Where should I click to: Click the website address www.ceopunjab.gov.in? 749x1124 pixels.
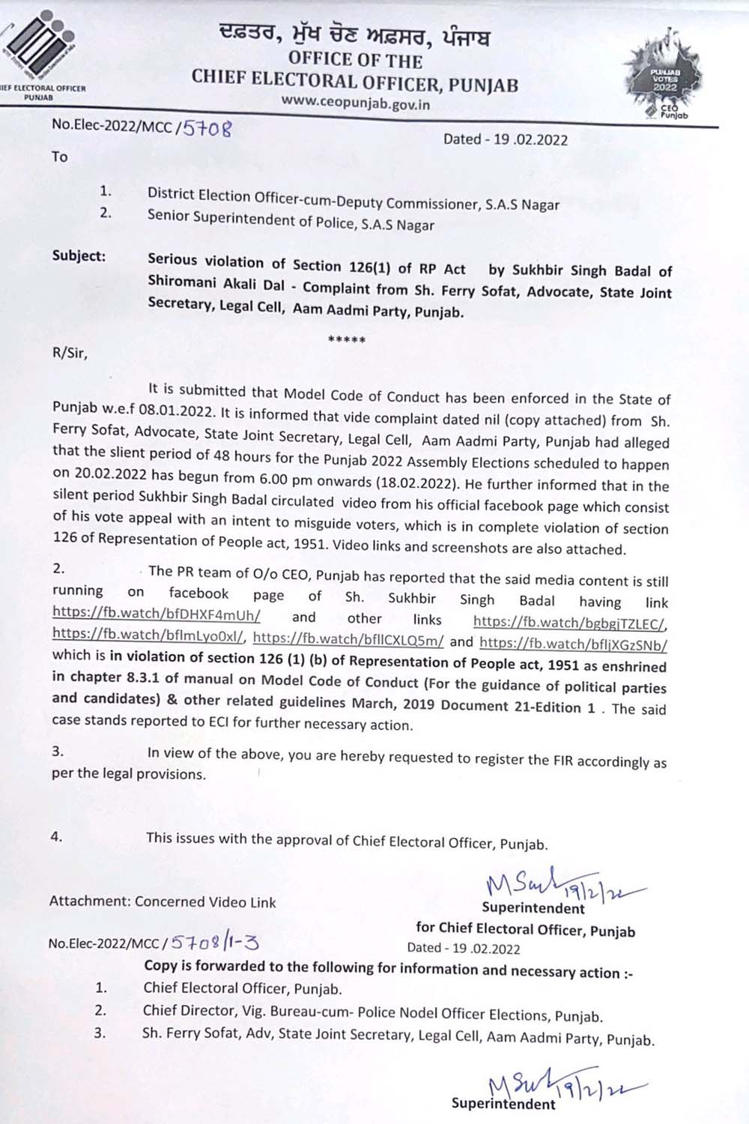[356, 103]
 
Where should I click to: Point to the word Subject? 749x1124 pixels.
[79, 256]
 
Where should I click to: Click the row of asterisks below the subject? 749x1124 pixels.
[347, 341]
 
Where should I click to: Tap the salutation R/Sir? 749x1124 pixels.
[70, 354]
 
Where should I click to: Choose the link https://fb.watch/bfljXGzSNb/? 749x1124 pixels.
[573, 643]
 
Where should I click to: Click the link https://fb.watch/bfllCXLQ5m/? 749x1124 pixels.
[349, 641]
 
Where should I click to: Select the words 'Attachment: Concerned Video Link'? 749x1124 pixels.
[163, 901]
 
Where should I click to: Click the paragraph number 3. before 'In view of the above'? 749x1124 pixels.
[58, 751]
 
